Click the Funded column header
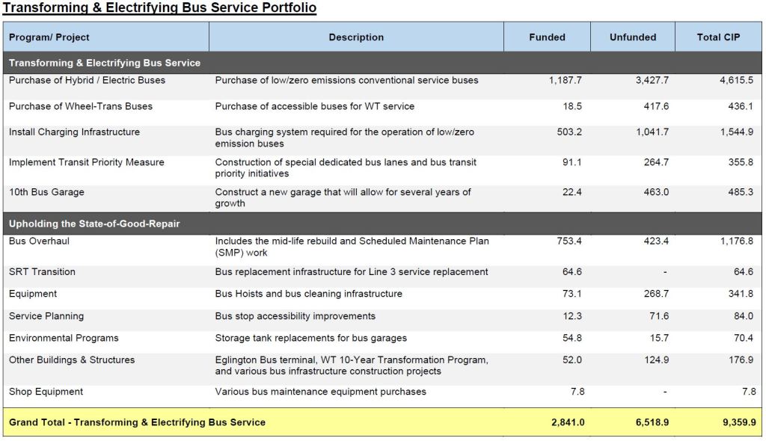click(547, 37)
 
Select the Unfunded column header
click(633, 37)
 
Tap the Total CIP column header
click(718, 37)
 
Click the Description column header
click(356, 37)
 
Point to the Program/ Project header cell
click(49, 37)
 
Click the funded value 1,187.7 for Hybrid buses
click(566, 81)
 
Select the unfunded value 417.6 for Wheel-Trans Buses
click(655, 107)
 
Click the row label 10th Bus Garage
click(46, 193)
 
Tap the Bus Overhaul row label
click(39, 241)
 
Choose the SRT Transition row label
click(42, 272)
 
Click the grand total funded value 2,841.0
click(567, 422)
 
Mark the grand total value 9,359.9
click(739, 422)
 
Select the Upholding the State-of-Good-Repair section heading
click(94, 224)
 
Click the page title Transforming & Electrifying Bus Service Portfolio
click(159, 8)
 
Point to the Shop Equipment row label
click(46, 392)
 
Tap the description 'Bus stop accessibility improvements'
click(295, 316)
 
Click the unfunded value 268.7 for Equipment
click(655, 294)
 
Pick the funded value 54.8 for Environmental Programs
click(572, 339)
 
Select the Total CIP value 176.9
click(741, 360)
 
